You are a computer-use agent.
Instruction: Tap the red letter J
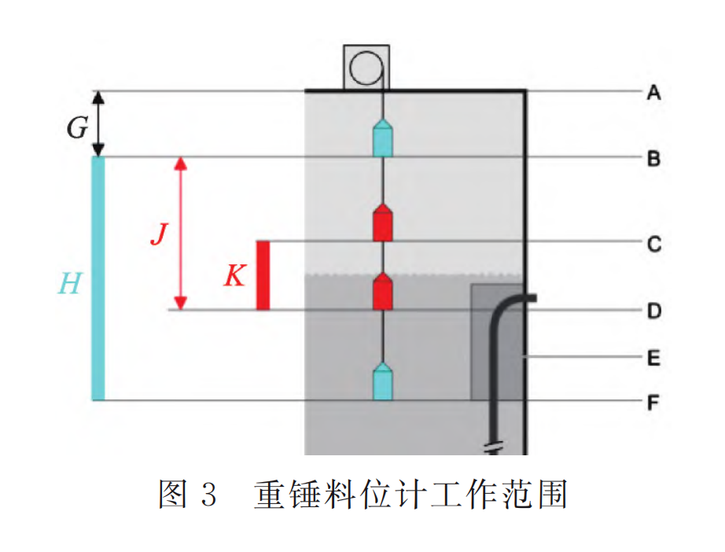(159, 234)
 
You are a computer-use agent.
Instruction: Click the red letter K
(234, 275)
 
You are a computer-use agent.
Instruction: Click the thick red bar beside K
(263, 275)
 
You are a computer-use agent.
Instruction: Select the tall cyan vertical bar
(98, 278)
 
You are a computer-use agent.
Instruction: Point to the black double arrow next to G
(98, 123)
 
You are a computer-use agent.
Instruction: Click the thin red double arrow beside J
(181, 234)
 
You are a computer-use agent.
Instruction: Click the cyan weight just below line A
(382, 139)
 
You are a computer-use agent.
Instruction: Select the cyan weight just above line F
(382, 381)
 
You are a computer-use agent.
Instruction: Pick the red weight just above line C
(382, 223)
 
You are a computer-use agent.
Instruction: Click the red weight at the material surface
(382, 292)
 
